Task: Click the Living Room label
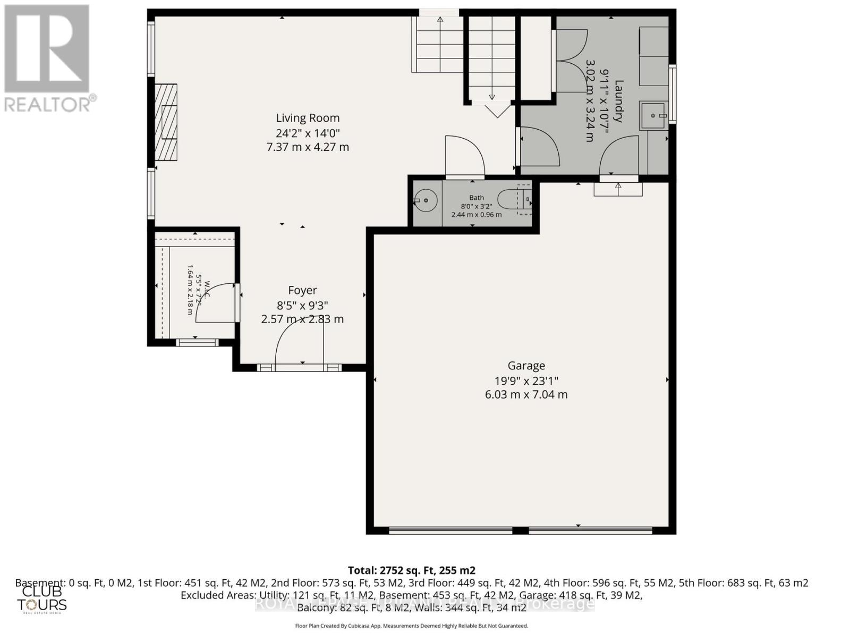tap(307, 118)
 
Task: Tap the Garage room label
tap(526, 366)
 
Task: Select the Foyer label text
tap(302, 290)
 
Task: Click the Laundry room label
tap(618, 101)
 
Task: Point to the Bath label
tap(476, 198)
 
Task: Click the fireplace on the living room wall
tap(166, 123)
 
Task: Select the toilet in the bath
tap(518, 200)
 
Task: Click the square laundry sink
tap(652, 115)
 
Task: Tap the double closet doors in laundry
tap(571, 61)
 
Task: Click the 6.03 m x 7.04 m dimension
tap(526, 394)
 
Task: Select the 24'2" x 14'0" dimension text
tap(307, 133)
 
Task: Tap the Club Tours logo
tap(41, 599)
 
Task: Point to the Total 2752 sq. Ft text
tap(411, 570)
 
